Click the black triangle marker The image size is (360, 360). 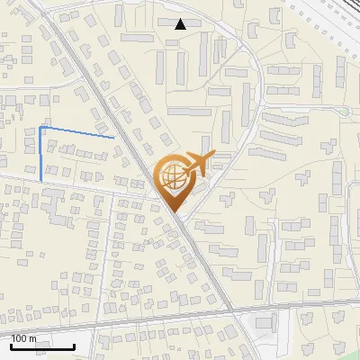click(181, 24)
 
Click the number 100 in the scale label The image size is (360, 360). click(19, 338)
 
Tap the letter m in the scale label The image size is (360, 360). click(33, 338)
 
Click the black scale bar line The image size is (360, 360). click(42, 346)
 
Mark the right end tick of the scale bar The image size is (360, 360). click(74, 345)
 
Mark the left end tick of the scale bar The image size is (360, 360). click(11, 345)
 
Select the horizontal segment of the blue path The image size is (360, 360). click(76, 132)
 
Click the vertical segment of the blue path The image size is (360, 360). click(40, 155)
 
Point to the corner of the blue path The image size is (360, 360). click(40, 128)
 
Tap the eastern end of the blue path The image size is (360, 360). click(113, 138)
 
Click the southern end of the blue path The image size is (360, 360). click(40, 181)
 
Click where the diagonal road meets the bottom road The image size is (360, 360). click(232, 312)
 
